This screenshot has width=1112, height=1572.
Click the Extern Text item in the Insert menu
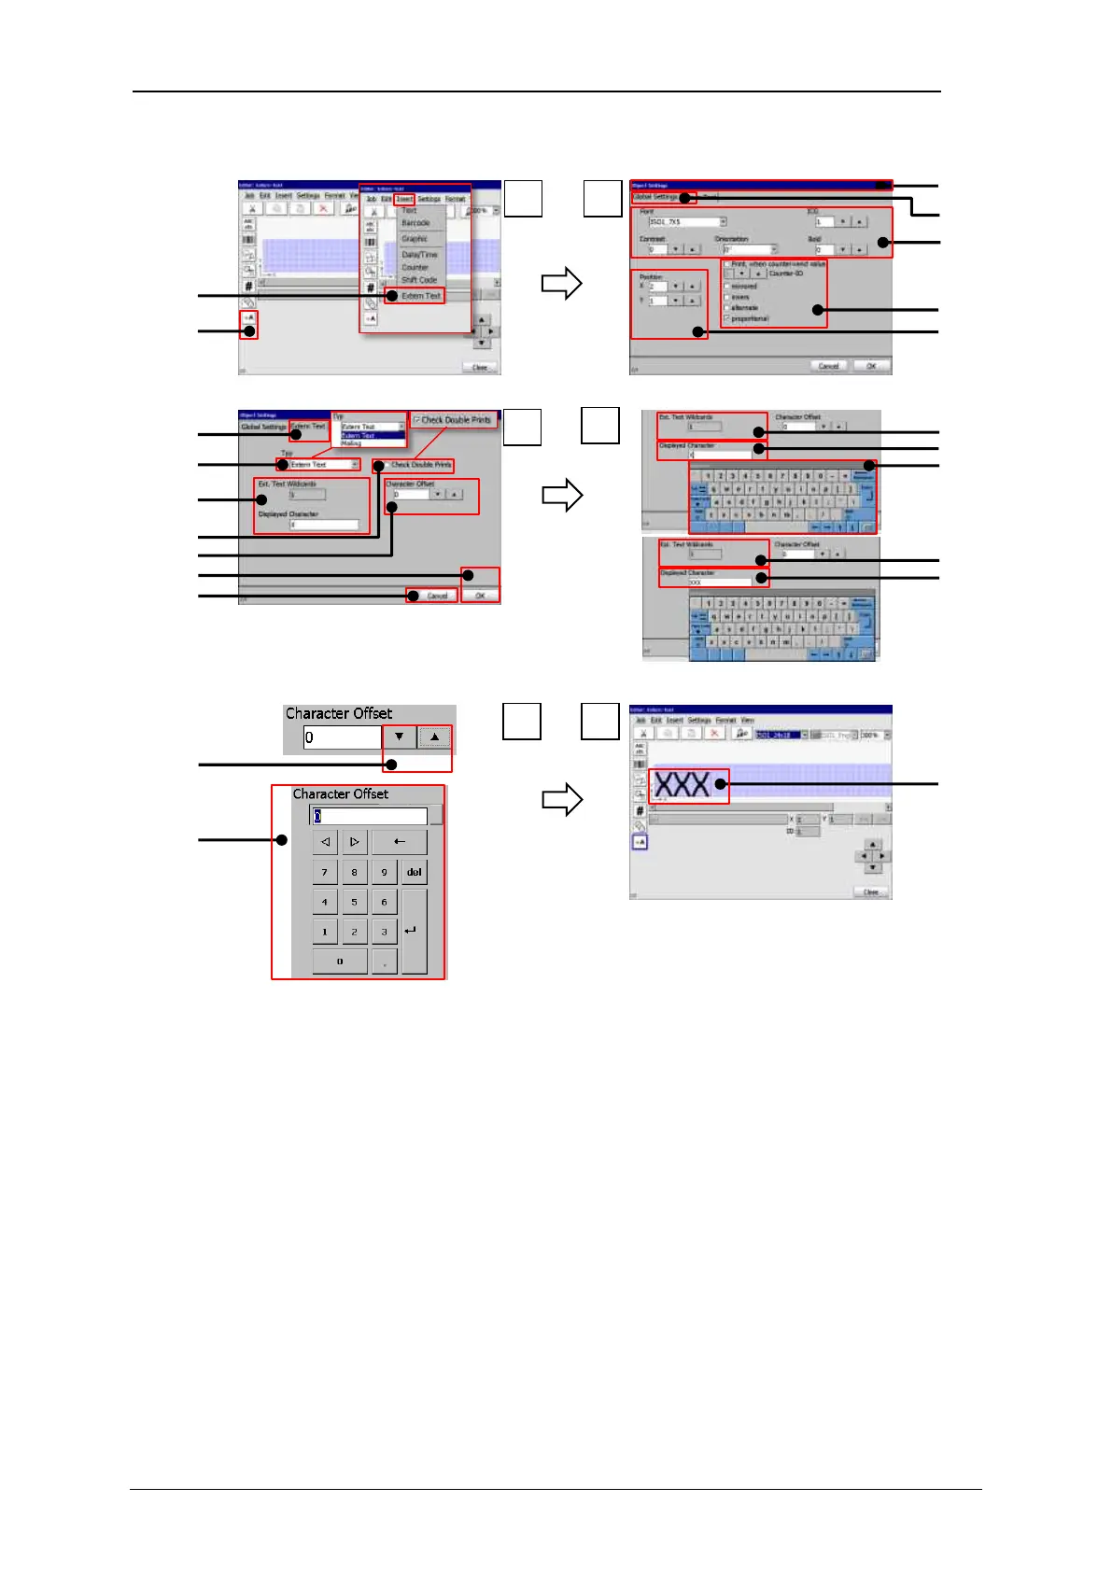tap(420, 296)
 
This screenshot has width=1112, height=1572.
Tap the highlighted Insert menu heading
tap(404, 199)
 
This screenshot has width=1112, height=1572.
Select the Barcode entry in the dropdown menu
tap(415, 223)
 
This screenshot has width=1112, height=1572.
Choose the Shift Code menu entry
tap(419, 280)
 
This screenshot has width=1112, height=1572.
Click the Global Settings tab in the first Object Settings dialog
tap(655, 197)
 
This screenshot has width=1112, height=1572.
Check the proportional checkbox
tap(727, 318)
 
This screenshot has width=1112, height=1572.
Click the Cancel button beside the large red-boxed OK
tap(436, 596)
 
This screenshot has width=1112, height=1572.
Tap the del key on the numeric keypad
tap(414, 872)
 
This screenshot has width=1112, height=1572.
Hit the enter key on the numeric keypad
tap(413, 931)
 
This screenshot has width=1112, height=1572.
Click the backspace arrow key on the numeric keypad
tap(399, 842)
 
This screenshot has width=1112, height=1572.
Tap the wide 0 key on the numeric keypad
tap(340, 961)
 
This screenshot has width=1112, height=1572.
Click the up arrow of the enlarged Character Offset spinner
tap(434, 737)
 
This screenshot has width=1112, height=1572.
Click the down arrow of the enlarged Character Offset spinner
tap(400, 737)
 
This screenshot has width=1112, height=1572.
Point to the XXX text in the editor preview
tap(682, 784)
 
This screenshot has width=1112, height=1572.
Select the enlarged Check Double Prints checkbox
tap(416, 420)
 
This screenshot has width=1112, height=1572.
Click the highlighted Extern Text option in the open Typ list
tap(359, 435)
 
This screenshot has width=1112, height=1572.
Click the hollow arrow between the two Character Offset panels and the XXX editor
tap(562, 800)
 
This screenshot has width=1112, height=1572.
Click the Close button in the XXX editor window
tap(870, 892)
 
